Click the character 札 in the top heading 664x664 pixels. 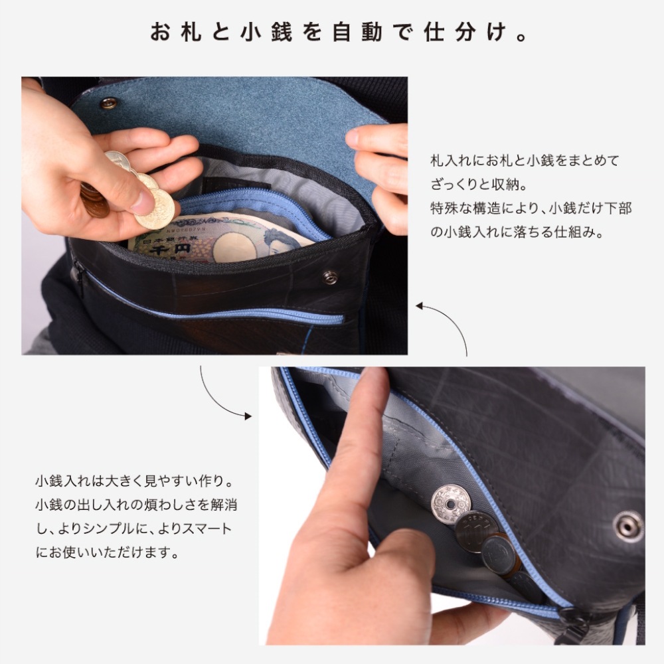191,32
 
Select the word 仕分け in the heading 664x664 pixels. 465,32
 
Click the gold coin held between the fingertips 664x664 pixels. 156,208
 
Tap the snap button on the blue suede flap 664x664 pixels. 108,102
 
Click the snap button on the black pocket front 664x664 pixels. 330,278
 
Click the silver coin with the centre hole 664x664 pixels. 451,504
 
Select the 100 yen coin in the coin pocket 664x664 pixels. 476,531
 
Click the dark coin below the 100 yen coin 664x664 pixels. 500,554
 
